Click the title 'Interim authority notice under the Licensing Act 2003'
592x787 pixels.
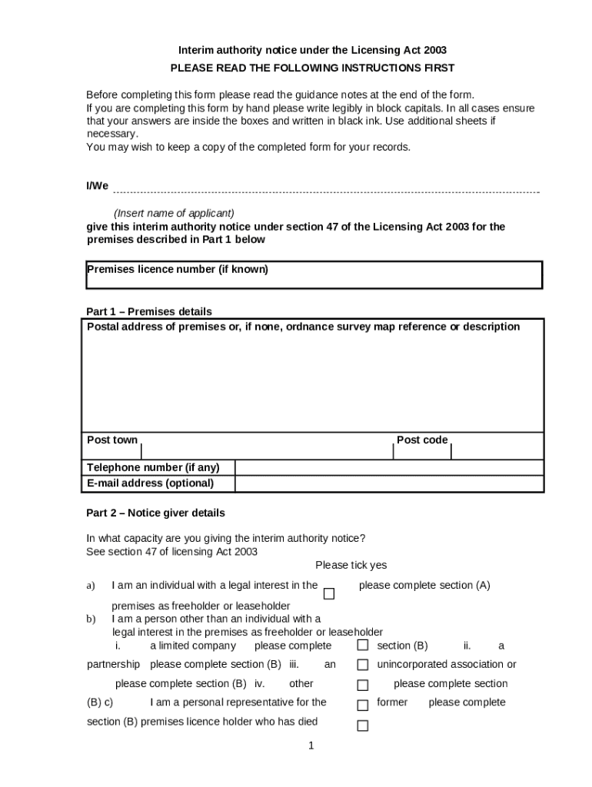[x=312, y=50]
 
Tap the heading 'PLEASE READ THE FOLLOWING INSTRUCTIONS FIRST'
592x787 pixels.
[x=312, y=68]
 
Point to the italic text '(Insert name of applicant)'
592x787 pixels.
[x=174, y=213]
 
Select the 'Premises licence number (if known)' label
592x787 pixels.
[x=178, y=270]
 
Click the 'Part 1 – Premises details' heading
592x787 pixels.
[x=149, y=311]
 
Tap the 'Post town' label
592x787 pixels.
[x=112, y=440]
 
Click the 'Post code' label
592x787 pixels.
[x=421, y=440]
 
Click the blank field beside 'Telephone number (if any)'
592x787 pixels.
[x=388, y=468]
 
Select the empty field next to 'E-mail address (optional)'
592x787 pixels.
[x=388, y=483]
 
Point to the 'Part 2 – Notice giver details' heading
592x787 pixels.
[x=156, y=513]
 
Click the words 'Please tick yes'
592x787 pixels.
[x=351, y=566]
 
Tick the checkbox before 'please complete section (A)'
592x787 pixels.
[x=329, y=594]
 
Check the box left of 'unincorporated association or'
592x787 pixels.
[x=363, y=665]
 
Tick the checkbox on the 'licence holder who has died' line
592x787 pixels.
[x=363, y=726]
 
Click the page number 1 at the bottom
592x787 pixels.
[x=311, y=745]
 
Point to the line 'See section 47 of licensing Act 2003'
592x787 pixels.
[x=172, y=552]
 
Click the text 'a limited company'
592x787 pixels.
[x=193, y=646]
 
